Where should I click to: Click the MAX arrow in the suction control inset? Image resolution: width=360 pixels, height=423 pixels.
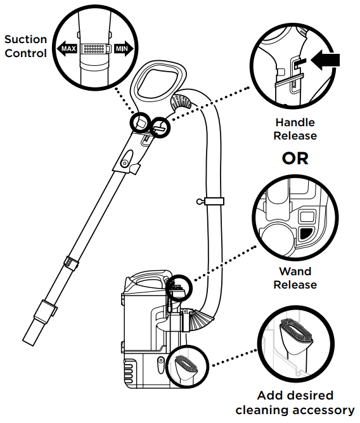67,49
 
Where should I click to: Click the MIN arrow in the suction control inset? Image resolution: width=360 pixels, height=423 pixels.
124,49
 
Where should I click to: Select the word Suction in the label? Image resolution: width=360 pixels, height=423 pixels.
25,39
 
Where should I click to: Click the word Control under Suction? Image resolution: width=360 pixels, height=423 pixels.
25,53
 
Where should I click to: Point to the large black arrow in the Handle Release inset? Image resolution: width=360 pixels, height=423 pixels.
325,60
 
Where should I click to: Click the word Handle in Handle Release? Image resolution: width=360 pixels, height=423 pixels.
295,122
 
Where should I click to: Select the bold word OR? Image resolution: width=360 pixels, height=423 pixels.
295,159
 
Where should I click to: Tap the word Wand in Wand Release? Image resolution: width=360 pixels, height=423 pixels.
295,271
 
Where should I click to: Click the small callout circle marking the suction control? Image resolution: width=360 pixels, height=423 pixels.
140,122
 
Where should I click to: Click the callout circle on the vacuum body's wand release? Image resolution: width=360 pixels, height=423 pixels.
179,288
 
